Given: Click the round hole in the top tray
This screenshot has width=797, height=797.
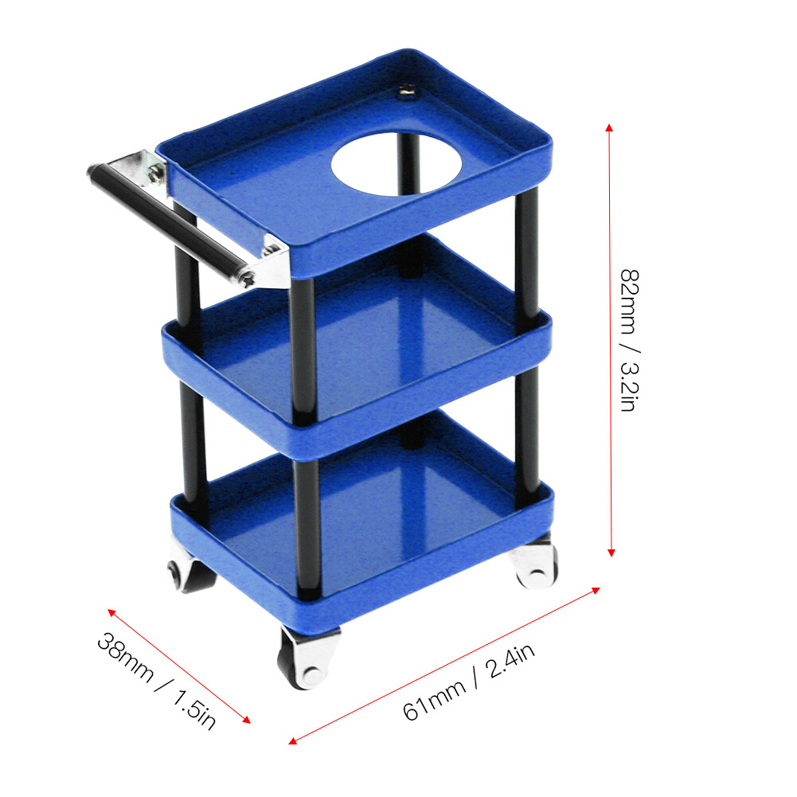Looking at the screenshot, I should (x=397, y=163).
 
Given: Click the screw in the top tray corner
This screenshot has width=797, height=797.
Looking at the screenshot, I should (x=406, y=94).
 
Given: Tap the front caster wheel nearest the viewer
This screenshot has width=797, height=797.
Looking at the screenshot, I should (x=307, y=657).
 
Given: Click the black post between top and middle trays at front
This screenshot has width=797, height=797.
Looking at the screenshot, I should (x=302, y=342).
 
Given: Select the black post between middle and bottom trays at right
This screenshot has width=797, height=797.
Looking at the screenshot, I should (x=525, y=430).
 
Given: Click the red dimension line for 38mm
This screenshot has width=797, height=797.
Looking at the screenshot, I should (x=179, y=666).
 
